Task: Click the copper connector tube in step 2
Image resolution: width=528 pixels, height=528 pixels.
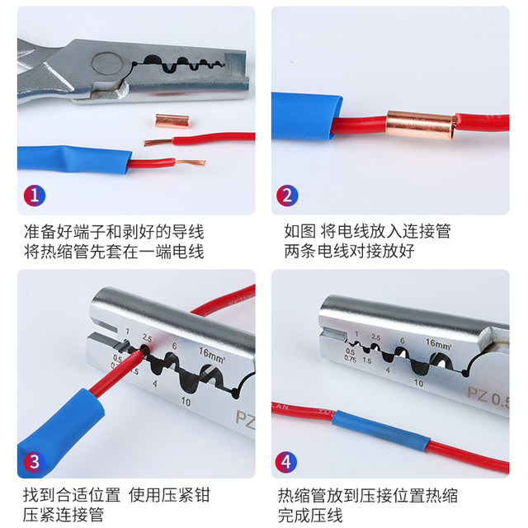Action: coord(420,125)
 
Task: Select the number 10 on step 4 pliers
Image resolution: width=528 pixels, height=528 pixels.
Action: coord(418,383)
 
